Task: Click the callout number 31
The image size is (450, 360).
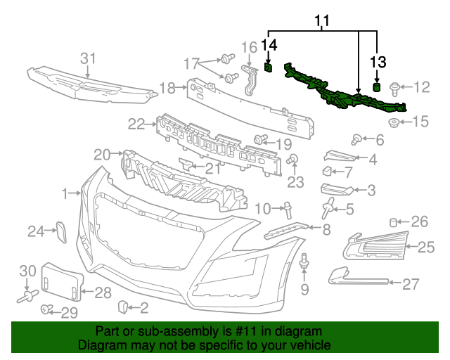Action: (x=87, y=58)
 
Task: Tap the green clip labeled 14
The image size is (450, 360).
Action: (x=269, y=67)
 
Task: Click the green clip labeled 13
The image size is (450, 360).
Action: (x=376, y=87)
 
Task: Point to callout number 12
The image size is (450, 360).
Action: (x=421, y=87)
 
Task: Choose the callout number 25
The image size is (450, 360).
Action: (x=427, y=247)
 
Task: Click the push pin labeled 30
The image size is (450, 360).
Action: (x=28, y=298)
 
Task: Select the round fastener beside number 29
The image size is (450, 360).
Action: (x=47, y=309)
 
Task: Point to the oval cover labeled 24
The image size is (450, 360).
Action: (x=60, y=231)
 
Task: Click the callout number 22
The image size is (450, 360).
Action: (x=136, y=124)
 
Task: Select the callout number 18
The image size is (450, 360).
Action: (x=167, y=88)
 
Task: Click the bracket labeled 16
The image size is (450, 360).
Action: (x=249, y=79)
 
